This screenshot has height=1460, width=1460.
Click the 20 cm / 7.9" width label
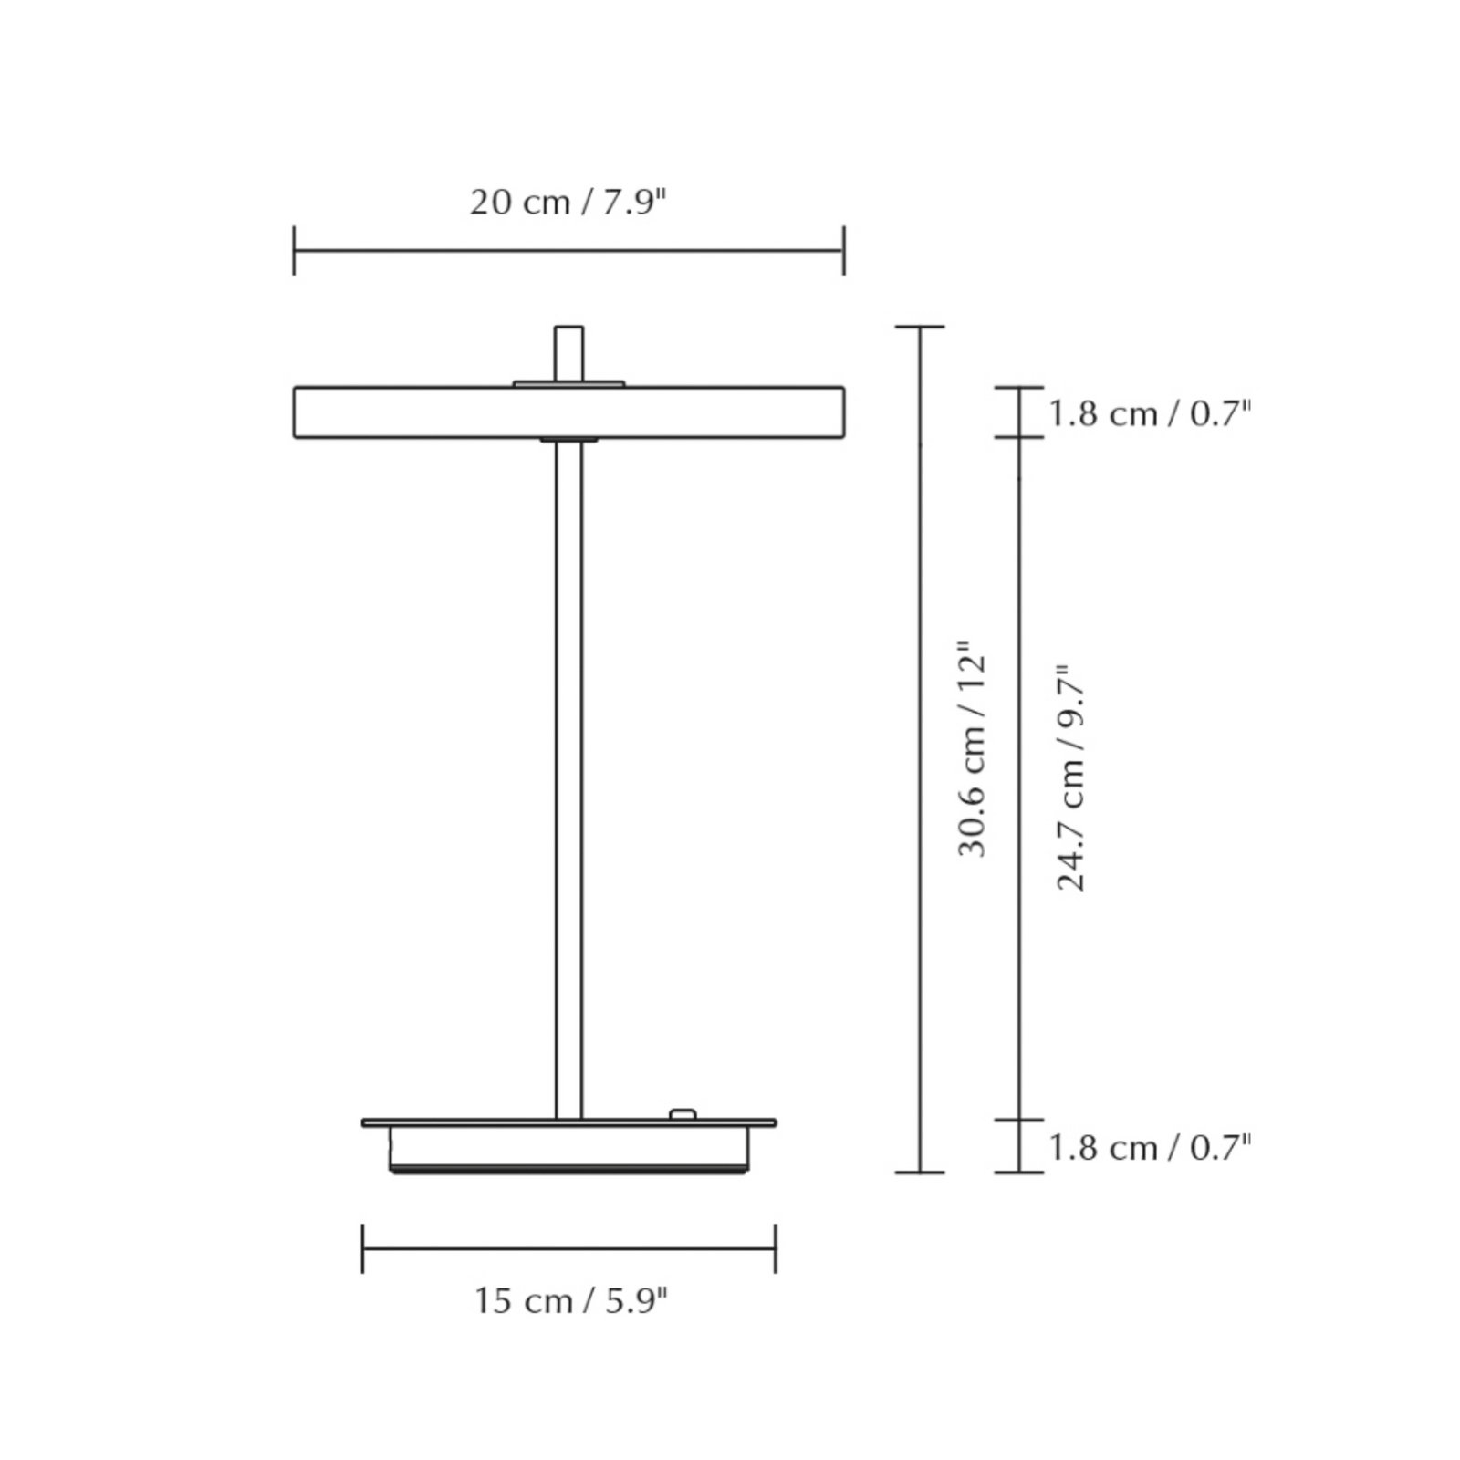point(568,203)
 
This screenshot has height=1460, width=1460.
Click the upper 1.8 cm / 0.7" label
point(1149,414)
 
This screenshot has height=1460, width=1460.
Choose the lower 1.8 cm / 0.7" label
point(1149,1147)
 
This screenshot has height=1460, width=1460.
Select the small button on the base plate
point(682,1114)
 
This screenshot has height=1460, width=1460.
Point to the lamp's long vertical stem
point(568,776)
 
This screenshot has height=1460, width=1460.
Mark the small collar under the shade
point(568,441)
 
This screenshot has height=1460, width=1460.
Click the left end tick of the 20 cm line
point(294,251)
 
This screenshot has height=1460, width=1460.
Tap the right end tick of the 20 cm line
point(844,251)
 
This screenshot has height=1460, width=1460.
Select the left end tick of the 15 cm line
point(363,1248)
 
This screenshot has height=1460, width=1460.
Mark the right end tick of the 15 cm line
point(775,1248)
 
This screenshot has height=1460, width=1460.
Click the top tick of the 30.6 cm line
point(920,327)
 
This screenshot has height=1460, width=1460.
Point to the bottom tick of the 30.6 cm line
point(920,1171)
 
